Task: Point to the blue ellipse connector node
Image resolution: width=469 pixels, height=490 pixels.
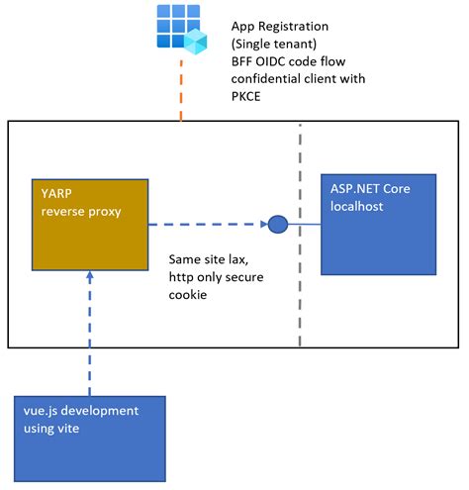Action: coord(278,225)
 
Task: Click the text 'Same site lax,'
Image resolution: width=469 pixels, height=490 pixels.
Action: coord(210,260)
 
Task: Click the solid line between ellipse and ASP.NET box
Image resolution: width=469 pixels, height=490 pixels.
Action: coord(306,225)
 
